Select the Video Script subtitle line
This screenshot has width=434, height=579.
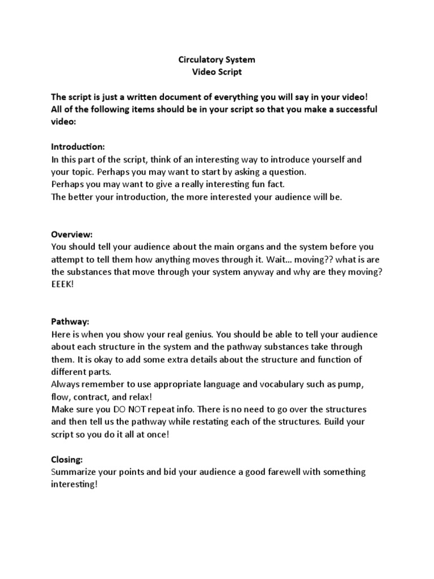click(x=216, y=71)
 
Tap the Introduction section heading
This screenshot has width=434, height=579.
click(x=78, y=146)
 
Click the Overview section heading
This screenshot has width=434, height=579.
click(x=72, y=234)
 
